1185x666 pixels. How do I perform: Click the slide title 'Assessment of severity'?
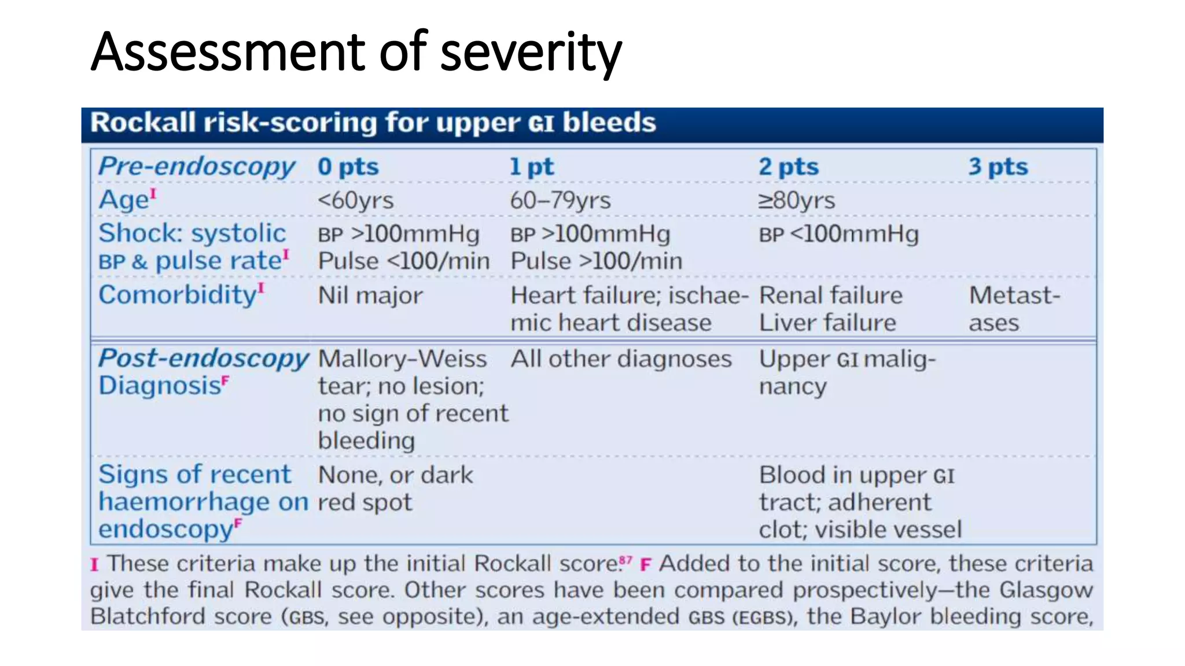(x=356, y=52)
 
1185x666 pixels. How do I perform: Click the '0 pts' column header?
(x=348, y=166)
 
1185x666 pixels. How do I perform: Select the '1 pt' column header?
(x=531, y=166)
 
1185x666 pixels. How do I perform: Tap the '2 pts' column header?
(x=788, y=166)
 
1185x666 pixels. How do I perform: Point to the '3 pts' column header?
(x=998, y=166)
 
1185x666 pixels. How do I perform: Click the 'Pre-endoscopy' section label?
(x=197, y=166)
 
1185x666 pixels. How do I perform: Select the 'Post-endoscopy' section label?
(x=203, y=358)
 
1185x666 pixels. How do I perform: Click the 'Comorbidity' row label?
(x=178, y=295)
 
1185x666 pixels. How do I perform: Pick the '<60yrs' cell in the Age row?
(x=355, y=201)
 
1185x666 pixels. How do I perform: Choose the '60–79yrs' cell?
(x=560, y=201)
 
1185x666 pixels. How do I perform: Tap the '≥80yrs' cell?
(x=796, y=201)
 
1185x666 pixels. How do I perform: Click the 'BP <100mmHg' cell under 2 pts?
(x=838, y=234)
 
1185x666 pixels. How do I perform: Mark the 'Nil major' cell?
(x=370, y=295)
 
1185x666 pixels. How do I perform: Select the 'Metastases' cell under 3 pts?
(x=1014, y=309)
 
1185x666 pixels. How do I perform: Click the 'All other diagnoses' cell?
(x=621, y=359)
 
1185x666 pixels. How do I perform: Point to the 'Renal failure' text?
(x=830, y=295)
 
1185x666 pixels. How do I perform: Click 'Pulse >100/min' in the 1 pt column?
(x=596, y=261)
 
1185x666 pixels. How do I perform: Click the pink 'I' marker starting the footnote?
(x=94, y=564)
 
